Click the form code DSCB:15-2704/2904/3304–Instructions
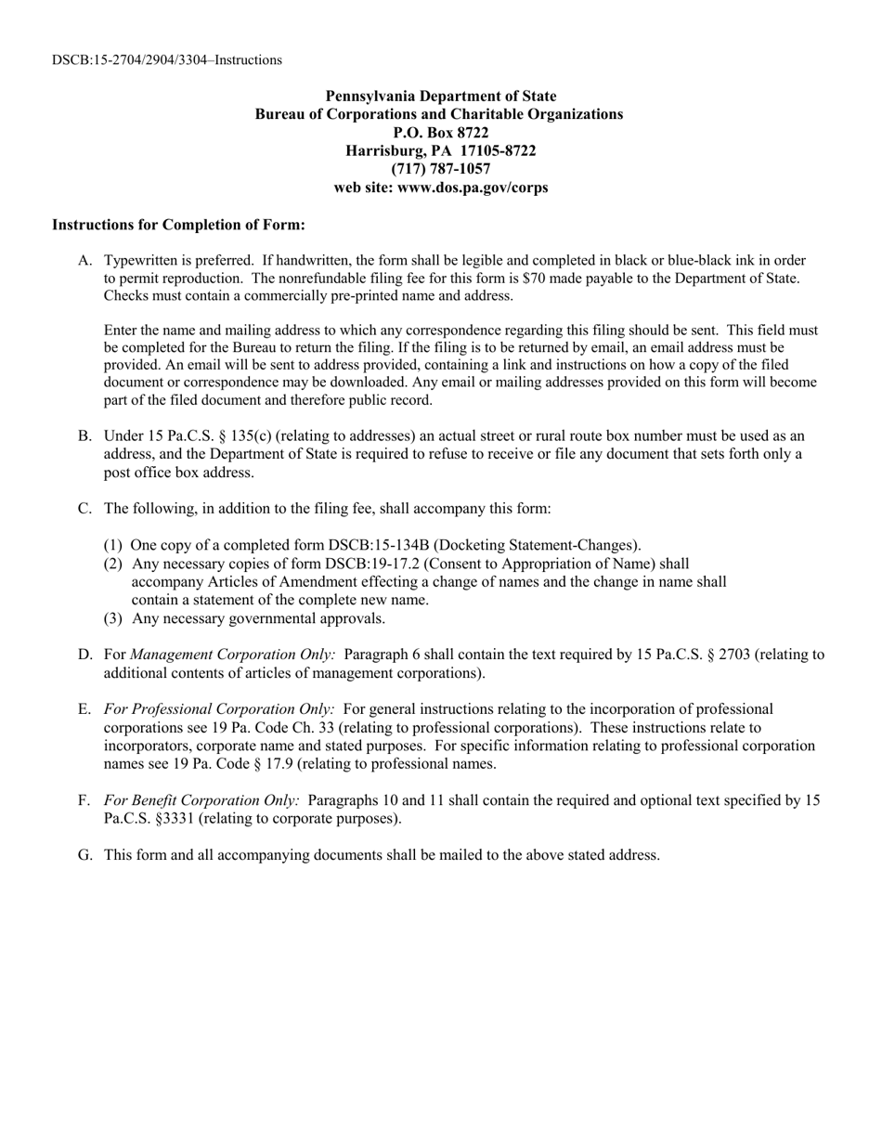tap(167, 60)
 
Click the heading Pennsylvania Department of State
tap(440, 96)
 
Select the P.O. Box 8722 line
tap(440, 133)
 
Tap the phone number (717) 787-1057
tap(440, 169)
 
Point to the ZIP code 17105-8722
tap(498, 150)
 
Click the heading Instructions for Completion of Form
tap(178, 225)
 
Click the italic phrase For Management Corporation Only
tap(232, 655)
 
